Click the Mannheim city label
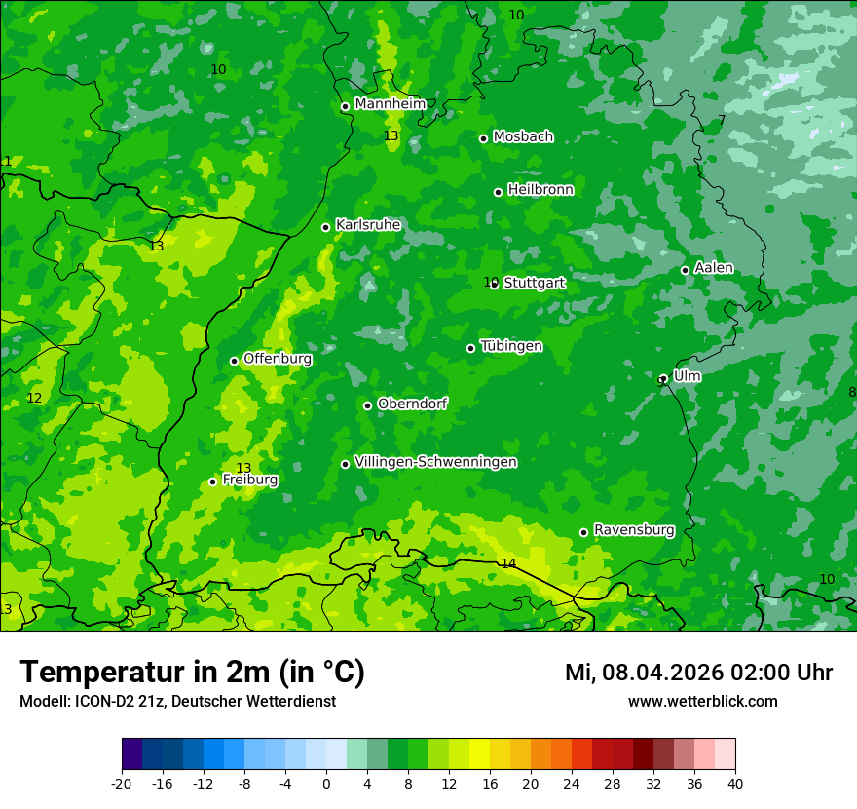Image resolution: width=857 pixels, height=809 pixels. (x=391, y=104)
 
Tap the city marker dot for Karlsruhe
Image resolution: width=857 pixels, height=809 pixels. (x=326, y=227)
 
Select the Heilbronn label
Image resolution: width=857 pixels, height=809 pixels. (x=540, y=190)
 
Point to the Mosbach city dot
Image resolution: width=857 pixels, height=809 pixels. (x=483, y=138)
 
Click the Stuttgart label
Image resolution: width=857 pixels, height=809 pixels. (x=534, y=283)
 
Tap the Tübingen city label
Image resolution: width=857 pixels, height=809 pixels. (x=511, y=346)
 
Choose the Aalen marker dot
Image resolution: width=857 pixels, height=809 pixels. (x=685, y=270)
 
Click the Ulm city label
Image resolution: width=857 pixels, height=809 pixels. (x=687, y=376)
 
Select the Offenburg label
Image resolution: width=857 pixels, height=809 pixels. (x=278, y=359)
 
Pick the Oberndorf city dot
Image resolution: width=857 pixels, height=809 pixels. (x=367, y=405)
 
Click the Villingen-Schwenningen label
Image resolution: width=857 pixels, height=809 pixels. (x=435, y=462)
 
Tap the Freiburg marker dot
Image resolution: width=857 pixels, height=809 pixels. (x=212, y=482)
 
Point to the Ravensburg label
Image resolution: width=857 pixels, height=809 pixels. (x=634, y=530)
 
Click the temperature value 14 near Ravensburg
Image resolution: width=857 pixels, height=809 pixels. (x=508, y=563)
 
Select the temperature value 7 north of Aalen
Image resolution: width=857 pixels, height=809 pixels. (x=722, y=120)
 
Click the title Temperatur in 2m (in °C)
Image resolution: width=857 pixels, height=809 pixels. (x=192, y=672)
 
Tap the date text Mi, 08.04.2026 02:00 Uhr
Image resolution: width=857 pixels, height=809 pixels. (x=698, y=673)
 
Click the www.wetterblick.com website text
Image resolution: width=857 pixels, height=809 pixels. (x=702, y=701)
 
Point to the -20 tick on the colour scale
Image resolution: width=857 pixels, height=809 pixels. (x=122, y=783)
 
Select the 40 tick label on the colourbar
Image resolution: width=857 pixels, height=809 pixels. (x=734, y=783)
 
